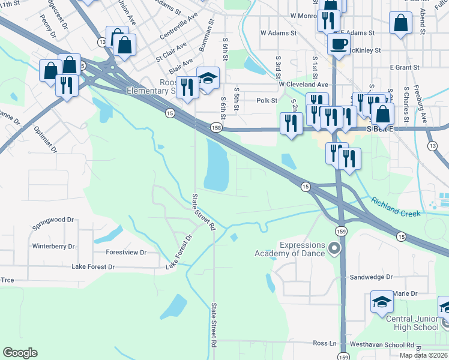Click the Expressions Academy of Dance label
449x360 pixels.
point(302,249)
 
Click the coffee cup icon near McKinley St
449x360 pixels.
point(339,44)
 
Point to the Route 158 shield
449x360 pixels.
point(216,128)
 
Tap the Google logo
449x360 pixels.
point(20,353)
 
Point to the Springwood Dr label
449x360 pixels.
point(52,220)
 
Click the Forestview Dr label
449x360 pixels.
point(126,253)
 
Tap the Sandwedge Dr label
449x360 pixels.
point(371,277)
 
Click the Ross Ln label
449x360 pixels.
point(325,343)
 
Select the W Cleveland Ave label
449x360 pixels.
point(303,85)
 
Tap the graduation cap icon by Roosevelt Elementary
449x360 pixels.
point(208,78)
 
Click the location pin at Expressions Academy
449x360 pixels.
point(335,247)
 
